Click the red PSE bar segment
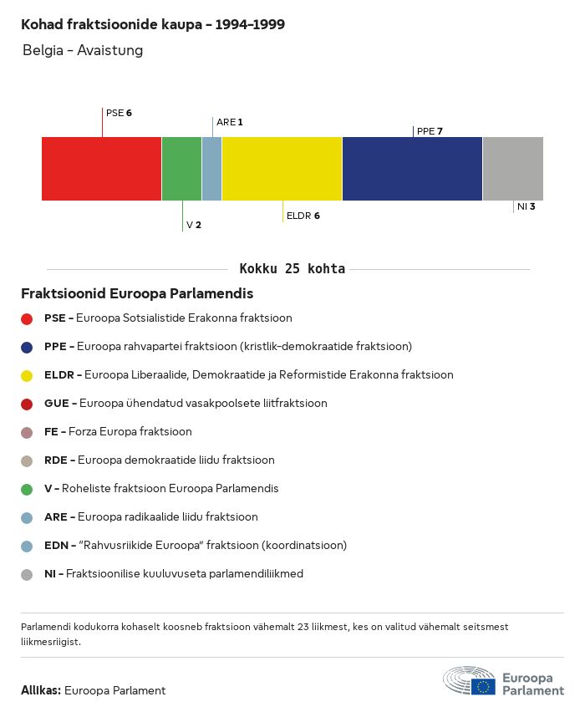pos(101,169)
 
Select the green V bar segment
pos(181,169)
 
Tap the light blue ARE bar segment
pos(211,169)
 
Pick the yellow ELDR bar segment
pos(282,169)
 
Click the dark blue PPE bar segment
pos(412,169)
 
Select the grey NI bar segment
pos(512,169)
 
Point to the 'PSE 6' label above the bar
pos(119,113)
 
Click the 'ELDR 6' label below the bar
pos(303,216)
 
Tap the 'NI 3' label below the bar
pos(526,206)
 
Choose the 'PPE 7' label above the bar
pos(429,131)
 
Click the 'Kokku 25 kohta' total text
pos(292,269)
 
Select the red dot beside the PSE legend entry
pos(27,318)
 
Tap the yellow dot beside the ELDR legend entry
pos(27,375)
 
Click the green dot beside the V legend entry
pos(27,489)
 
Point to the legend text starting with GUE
pos(186,404)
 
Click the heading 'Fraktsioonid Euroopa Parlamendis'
pos(137,294)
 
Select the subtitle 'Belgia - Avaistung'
pos(83,50)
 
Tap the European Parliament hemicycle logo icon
pos(469,680)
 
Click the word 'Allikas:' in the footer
pos(40,690)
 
